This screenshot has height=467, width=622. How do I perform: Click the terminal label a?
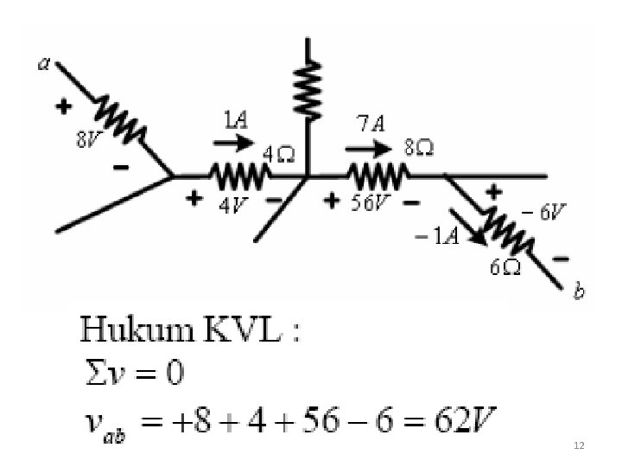pyautogui.click(x=43, y=64)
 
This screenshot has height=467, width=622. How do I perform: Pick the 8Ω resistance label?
pyautogui.click(x=420, y=148)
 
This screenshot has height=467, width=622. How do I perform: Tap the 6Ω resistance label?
pyautogui.click(x=505, y=267)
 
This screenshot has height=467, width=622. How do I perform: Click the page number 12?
pyautogui.click(x=579, y=445)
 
